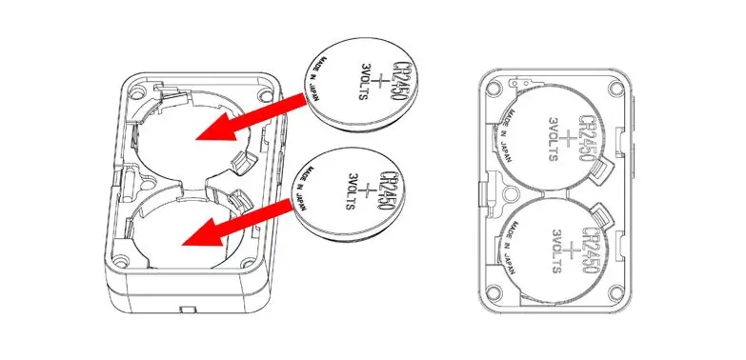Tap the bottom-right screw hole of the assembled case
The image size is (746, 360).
tap(619, 294)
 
